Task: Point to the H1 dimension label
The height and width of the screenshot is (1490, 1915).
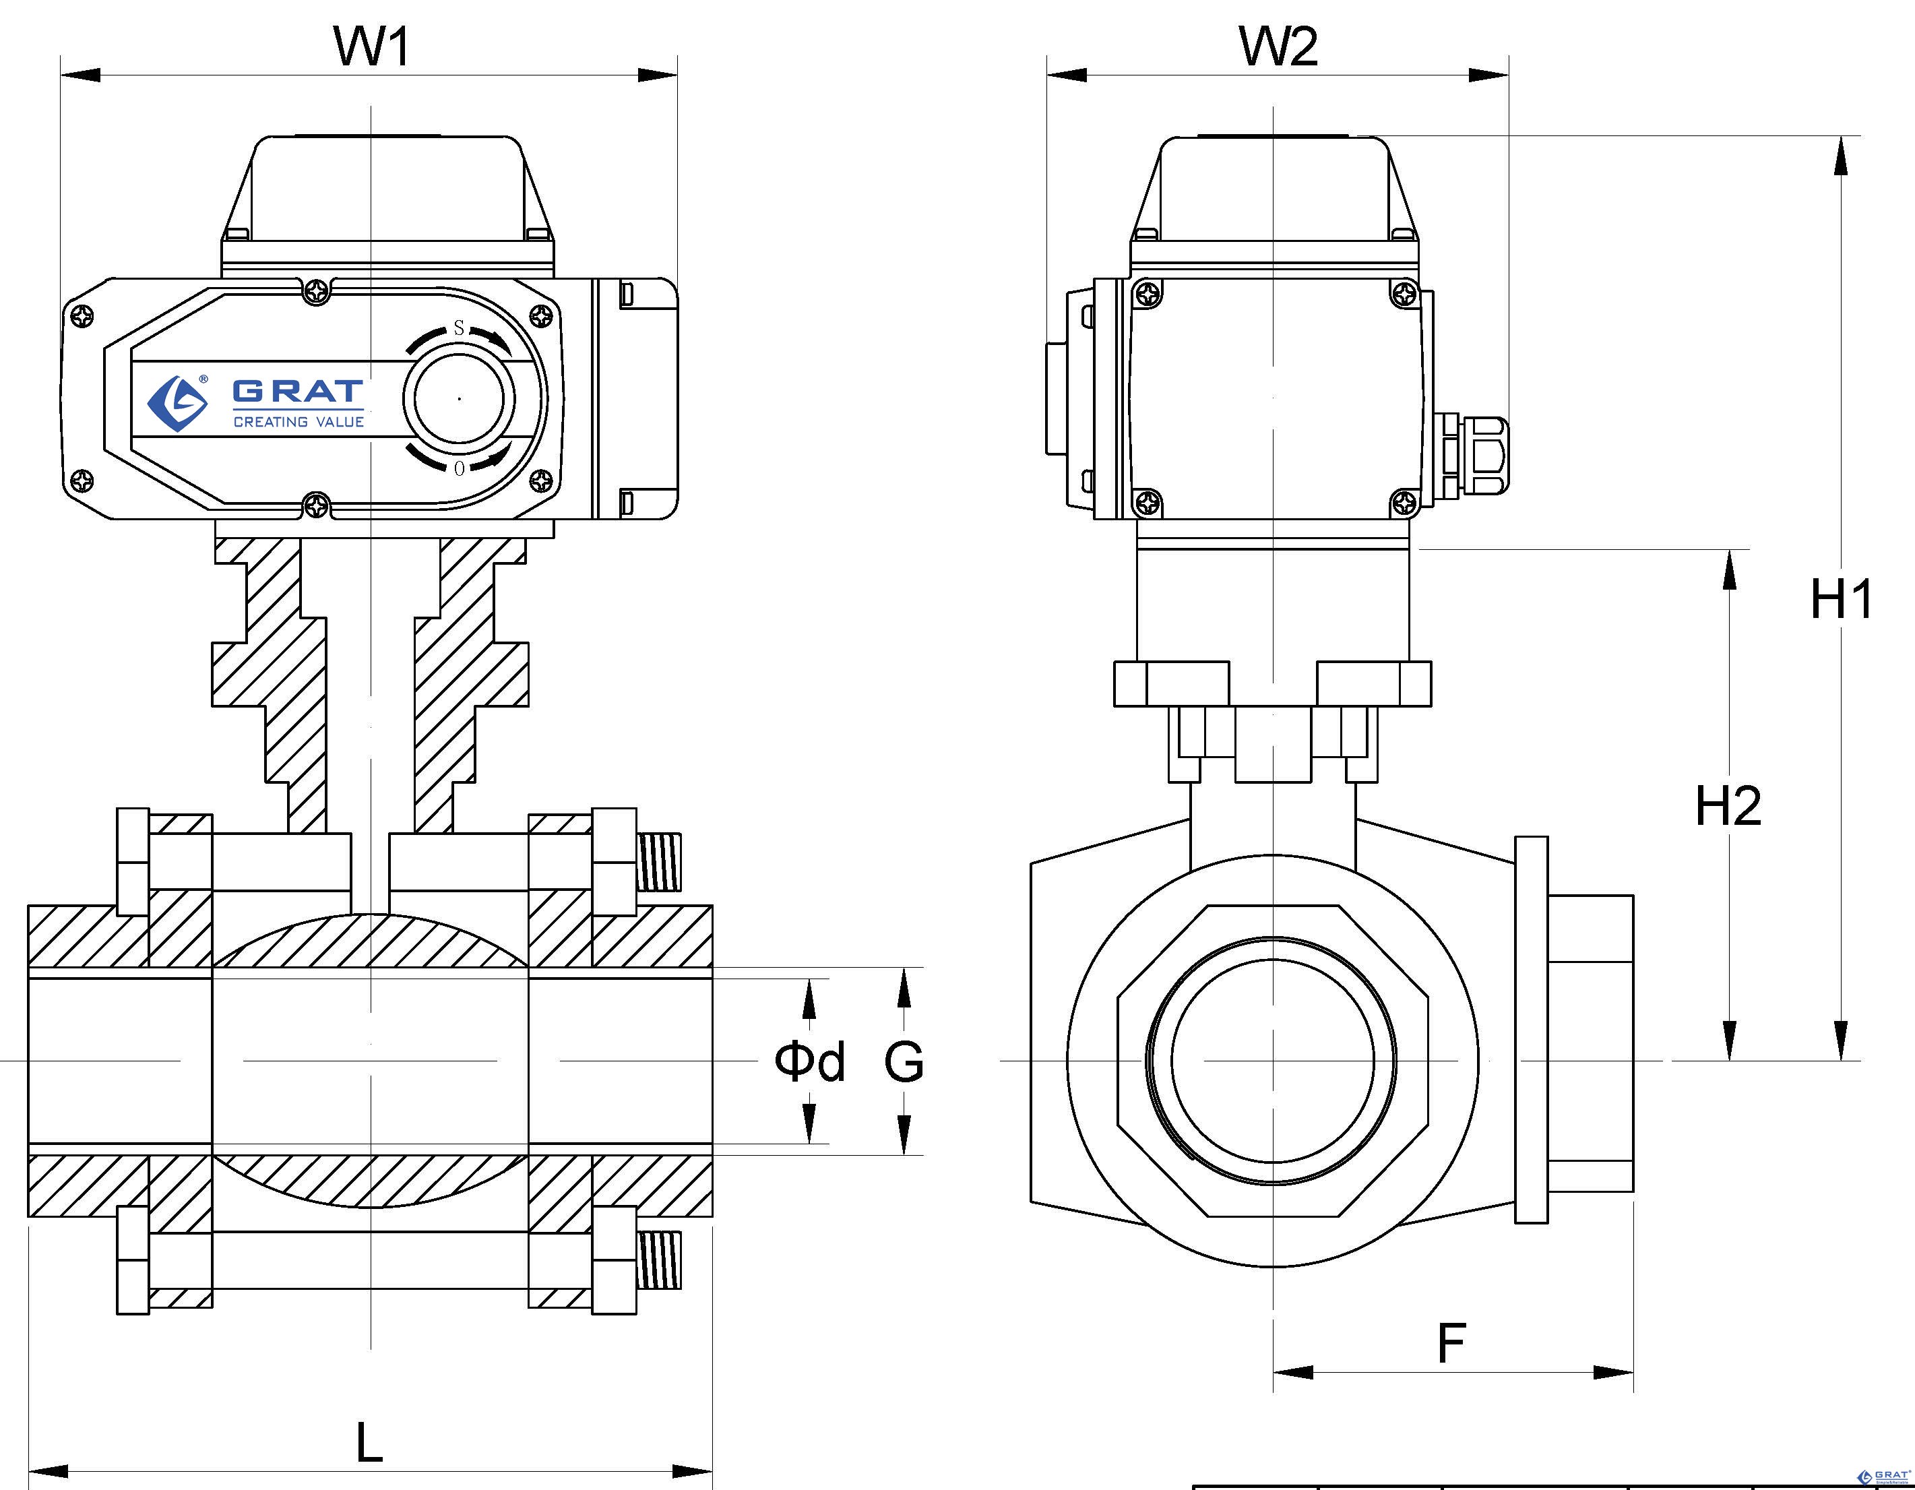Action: tap(1842, 599)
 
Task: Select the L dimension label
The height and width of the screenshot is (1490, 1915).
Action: tap(369, 1443)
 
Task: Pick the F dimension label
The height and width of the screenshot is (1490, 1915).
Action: tap(1451, 1342)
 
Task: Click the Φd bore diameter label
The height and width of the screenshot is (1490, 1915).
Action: tap(809, 1061)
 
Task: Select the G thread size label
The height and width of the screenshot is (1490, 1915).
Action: tap(903, 1061)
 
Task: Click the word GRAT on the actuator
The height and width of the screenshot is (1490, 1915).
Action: tap(298, 390)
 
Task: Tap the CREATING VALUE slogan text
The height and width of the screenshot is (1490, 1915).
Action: tap(298, 422)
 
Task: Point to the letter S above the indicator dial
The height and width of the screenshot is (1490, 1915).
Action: tap(459, 329)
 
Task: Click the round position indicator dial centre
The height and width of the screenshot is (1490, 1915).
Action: tap(460, 398)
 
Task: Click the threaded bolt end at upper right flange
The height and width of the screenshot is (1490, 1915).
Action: tap(660, 862)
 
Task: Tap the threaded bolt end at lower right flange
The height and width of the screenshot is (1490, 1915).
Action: tap(660, 1260)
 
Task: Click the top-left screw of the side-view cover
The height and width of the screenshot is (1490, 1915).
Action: tap(1148, 294)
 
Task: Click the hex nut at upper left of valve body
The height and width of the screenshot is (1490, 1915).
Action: tap(133, 861)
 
